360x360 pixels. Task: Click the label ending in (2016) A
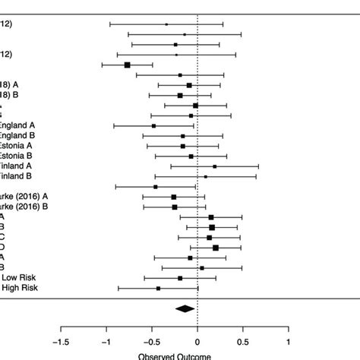click(x=24, y=196)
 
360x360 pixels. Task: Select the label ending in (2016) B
click(x=24, y=206)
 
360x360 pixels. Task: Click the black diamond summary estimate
click(x=185, y=308)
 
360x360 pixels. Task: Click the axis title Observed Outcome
click(x=175, y=355)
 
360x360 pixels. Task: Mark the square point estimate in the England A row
click(x=153, y=126)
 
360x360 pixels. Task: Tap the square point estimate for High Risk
click(x=158, y=288)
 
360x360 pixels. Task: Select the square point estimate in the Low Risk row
click(x=180, y=278)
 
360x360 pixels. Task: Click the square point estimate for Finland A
click(x=215, y=166)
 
